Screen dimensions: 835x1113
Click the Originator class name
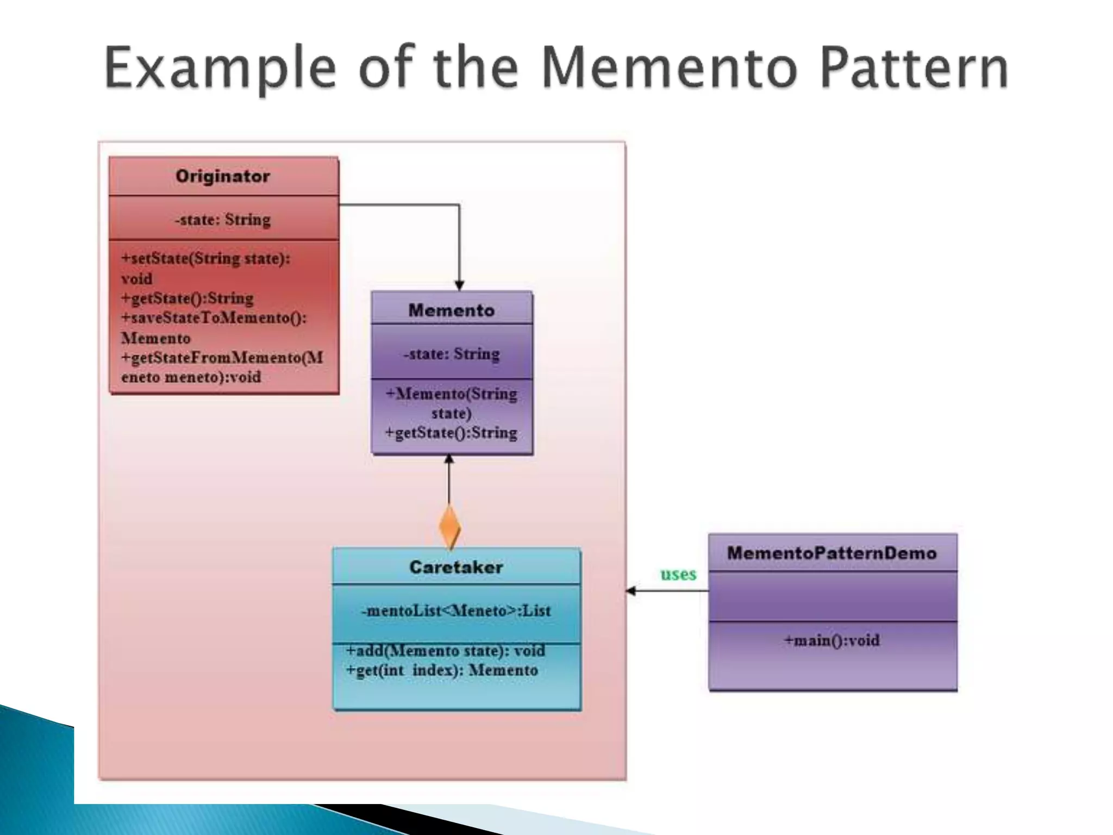(x=223, y=176)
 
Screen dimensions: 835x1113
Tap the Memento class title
(x=452, y=310)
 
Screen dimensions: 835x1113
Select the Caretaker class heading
(x=456, y=567)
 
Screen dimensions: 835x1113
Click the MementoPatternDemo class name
(x=832, y=553)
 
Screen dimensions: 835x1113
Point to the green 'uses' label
(x=678, y=574)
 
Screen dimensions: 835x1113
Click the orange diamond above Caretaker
(x=449, y=526)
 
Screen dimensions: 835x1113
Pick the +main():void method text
(x=831, y=640)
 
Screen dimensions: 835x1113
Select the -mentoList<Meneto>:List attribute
(x=456, y=611)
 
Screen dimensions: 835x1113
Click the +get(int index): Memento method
(x=442, y=670)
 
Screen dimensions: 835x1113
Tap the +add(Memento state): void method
(x=446, y=651)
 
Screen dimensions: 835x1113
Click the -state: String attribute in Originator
(x=223, y=220)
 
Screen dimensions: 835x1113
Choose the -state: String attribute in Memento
(x=452, y=354)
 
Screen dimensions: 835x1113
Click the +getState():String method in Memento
(x=451, y=433)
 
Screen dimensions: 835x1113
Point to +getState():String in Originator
(x=187, y=298)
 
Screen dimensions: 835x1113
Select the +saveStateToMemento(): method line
(x=214, y=318)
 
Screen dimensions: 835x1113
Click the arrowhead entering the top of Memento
(x=459, y=285)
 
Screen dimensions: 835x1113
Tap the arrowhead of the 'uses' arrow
(x=631, y=591)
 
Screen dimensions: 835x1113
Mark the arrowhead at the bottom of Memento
(x=449, y=459)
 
